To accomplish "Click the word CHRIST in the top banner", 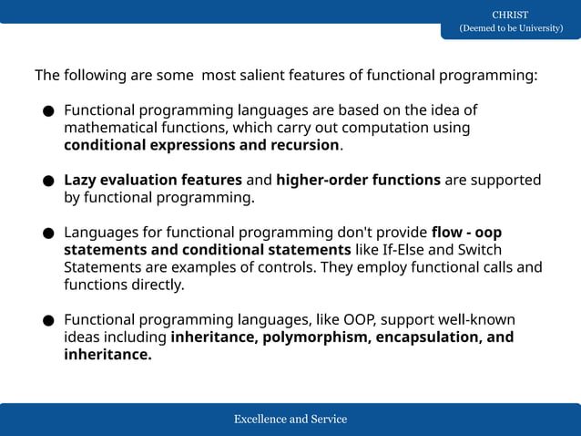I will coord(510,15).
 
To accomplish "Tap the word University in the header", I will coord(535,28).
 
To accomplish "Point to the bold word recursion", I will coord(305,145).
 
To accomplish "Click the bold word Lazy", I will coord(81,180).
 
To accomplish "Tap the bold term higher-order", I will coord(321,180).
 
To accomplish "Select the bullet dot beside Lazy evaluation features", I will coord(47,182).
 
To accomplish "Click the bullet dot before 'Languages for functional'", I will coord(47,234).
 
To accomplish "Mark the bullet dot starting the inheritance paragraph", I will coord(47,321).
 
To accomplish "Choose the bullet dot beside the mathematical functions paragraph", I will coord(47,112).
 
